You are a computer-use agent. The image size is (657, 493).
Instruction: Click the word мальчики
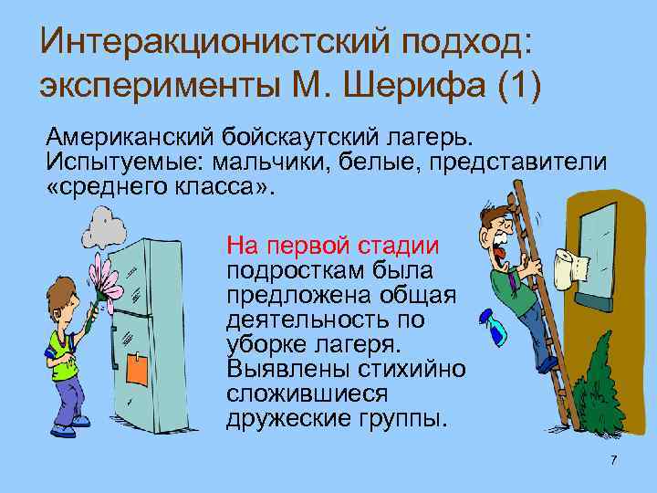tap(284, 162)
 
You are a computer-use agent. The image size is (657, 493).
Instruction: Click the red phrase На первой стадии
tap(332, 246)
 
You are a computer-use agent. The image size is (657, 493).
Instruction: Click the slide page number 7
tap(614, 460)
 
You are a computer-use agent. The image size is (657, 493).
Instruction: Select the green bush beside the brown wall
tap(598, 383)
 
